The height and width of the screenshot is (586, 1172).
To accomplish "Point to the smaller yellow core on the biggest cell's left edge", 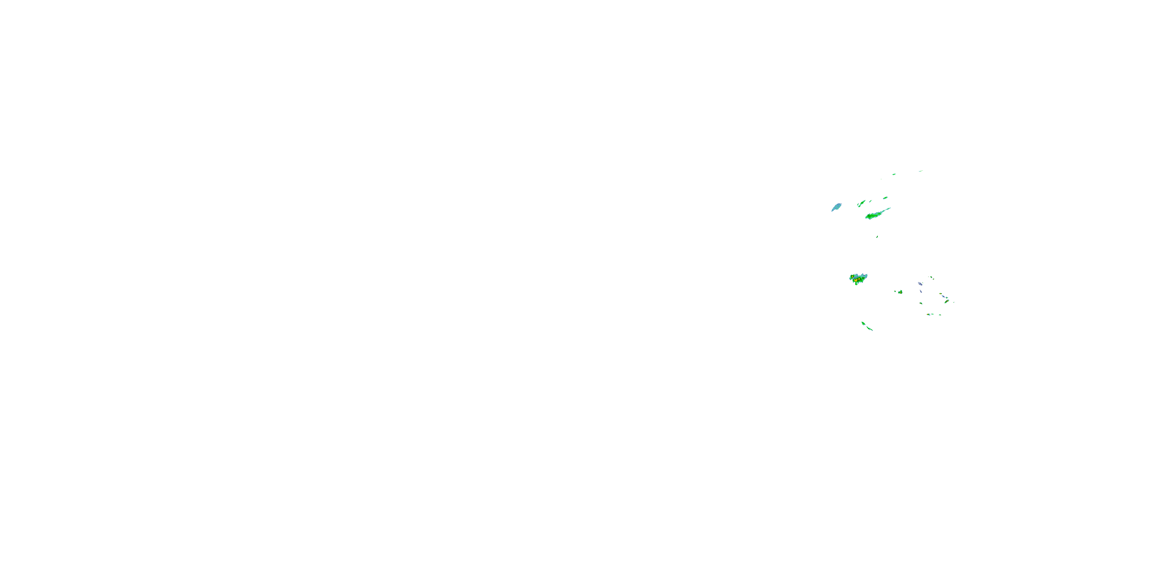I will [x=852, y=277].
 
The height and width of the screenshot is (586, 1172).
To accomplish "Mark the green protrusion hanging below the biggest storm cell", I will [x=857, y=284].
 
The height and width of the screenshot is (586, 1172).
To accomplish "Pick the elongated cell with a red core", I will [x=947, y=301].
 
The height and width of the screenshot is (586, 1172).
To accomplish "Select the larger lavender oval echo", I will [x=920, y=284].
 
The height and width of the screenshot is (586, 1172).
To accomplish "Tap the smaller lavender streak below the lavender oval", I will [x=921, y=292].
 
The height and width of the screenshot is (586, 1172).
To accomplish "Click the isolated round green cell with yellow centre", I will [x=901, y=293].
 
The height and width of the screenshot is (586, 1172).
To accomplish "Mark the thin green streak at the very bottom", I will [x=870, y=329].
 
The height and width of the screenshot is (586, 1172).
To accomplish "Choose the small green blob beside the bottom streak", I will [x=863, y=323].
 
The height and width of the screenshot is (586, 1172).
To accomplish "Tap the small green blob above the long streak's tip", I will [x=886, y=198].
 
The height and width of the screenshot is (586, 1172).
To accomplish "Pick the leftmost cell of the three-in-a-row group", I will [x=929, y=314].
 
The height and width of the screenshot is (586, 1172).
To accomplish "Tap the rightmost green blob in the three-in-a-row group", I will [x=940, y=315].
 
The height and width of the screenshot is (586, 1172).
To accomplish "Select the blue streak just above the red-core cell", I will [x=943, y=297].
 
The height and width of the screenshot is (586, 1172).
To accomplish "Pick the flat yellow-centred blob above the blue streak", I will [x=941, y=294].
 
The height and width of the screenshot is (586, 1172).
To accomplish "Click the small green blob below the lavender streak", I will [x=921, y=304].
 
